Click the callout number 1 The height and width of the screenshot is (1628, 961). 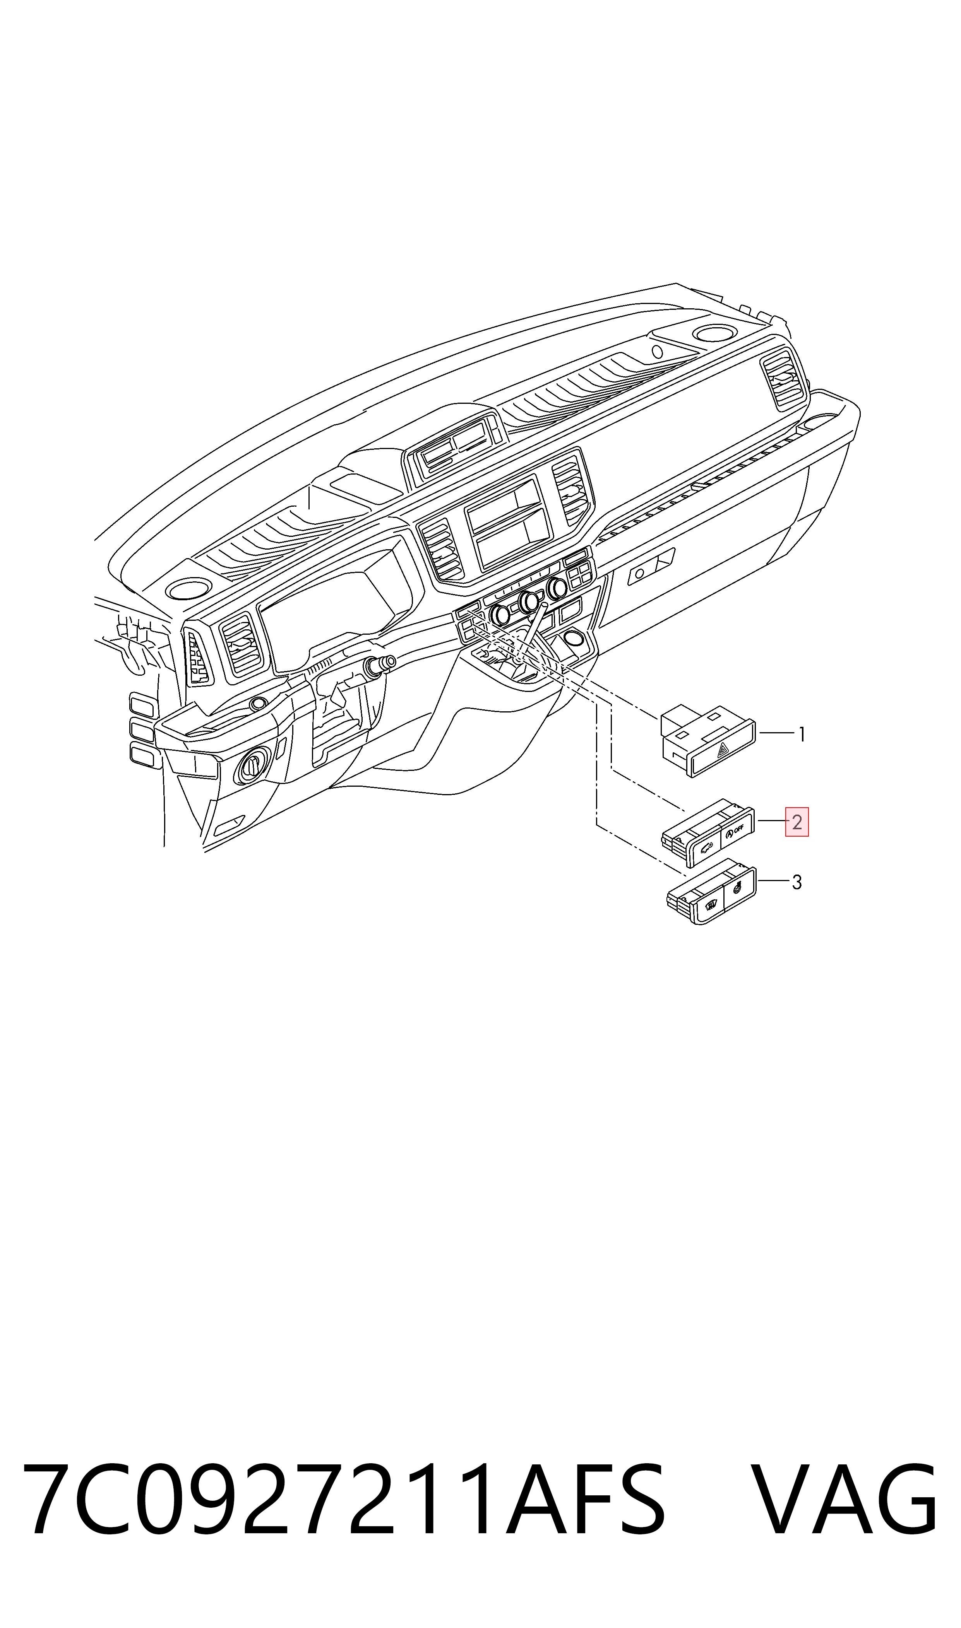point(802,735)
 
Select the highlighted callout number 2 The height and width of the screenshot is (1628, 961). point(797,822)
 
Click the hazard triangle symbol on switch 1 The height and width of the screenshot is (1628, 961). point(723,751)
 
